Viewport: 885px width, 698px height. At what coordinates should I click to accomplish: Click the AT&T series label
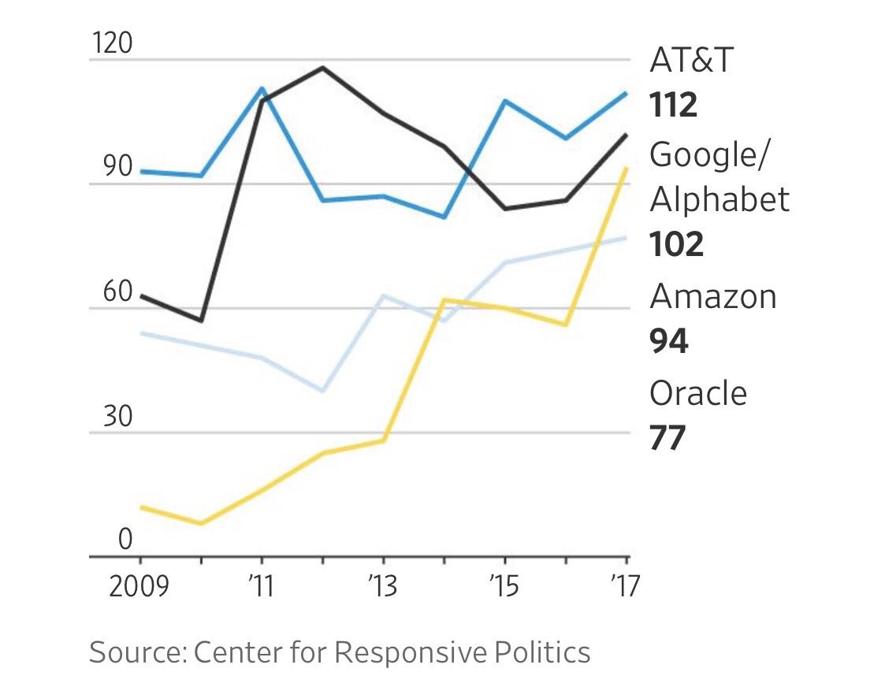691,60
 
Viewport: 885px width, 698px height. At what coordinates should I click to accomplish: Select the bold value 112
674,105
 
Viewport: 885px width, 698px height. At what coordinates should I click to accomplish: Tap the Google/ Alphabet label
719,177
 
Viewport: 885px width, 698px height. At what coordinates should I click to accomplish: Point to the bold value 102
676,245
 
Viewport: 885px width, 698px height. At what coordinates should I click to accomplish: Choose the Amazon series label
712,297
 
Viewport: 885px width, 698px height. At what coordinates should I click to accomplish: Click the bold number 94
668,341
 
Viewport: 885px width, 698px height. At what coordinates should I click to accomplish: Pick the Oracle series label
697,392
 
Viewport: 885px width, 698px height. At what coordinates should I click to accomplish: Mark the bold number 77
668,438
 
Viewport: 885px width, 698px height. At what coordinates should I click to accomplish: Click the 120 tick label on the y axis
112,43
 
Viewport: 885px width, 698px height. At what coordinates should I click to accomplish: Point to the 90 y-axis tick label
113,168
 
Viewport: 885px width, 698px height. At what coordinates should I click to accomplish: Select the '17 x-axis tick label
624,588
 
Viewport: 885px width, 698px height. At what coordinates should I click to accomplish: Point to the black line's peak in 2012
322,68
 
